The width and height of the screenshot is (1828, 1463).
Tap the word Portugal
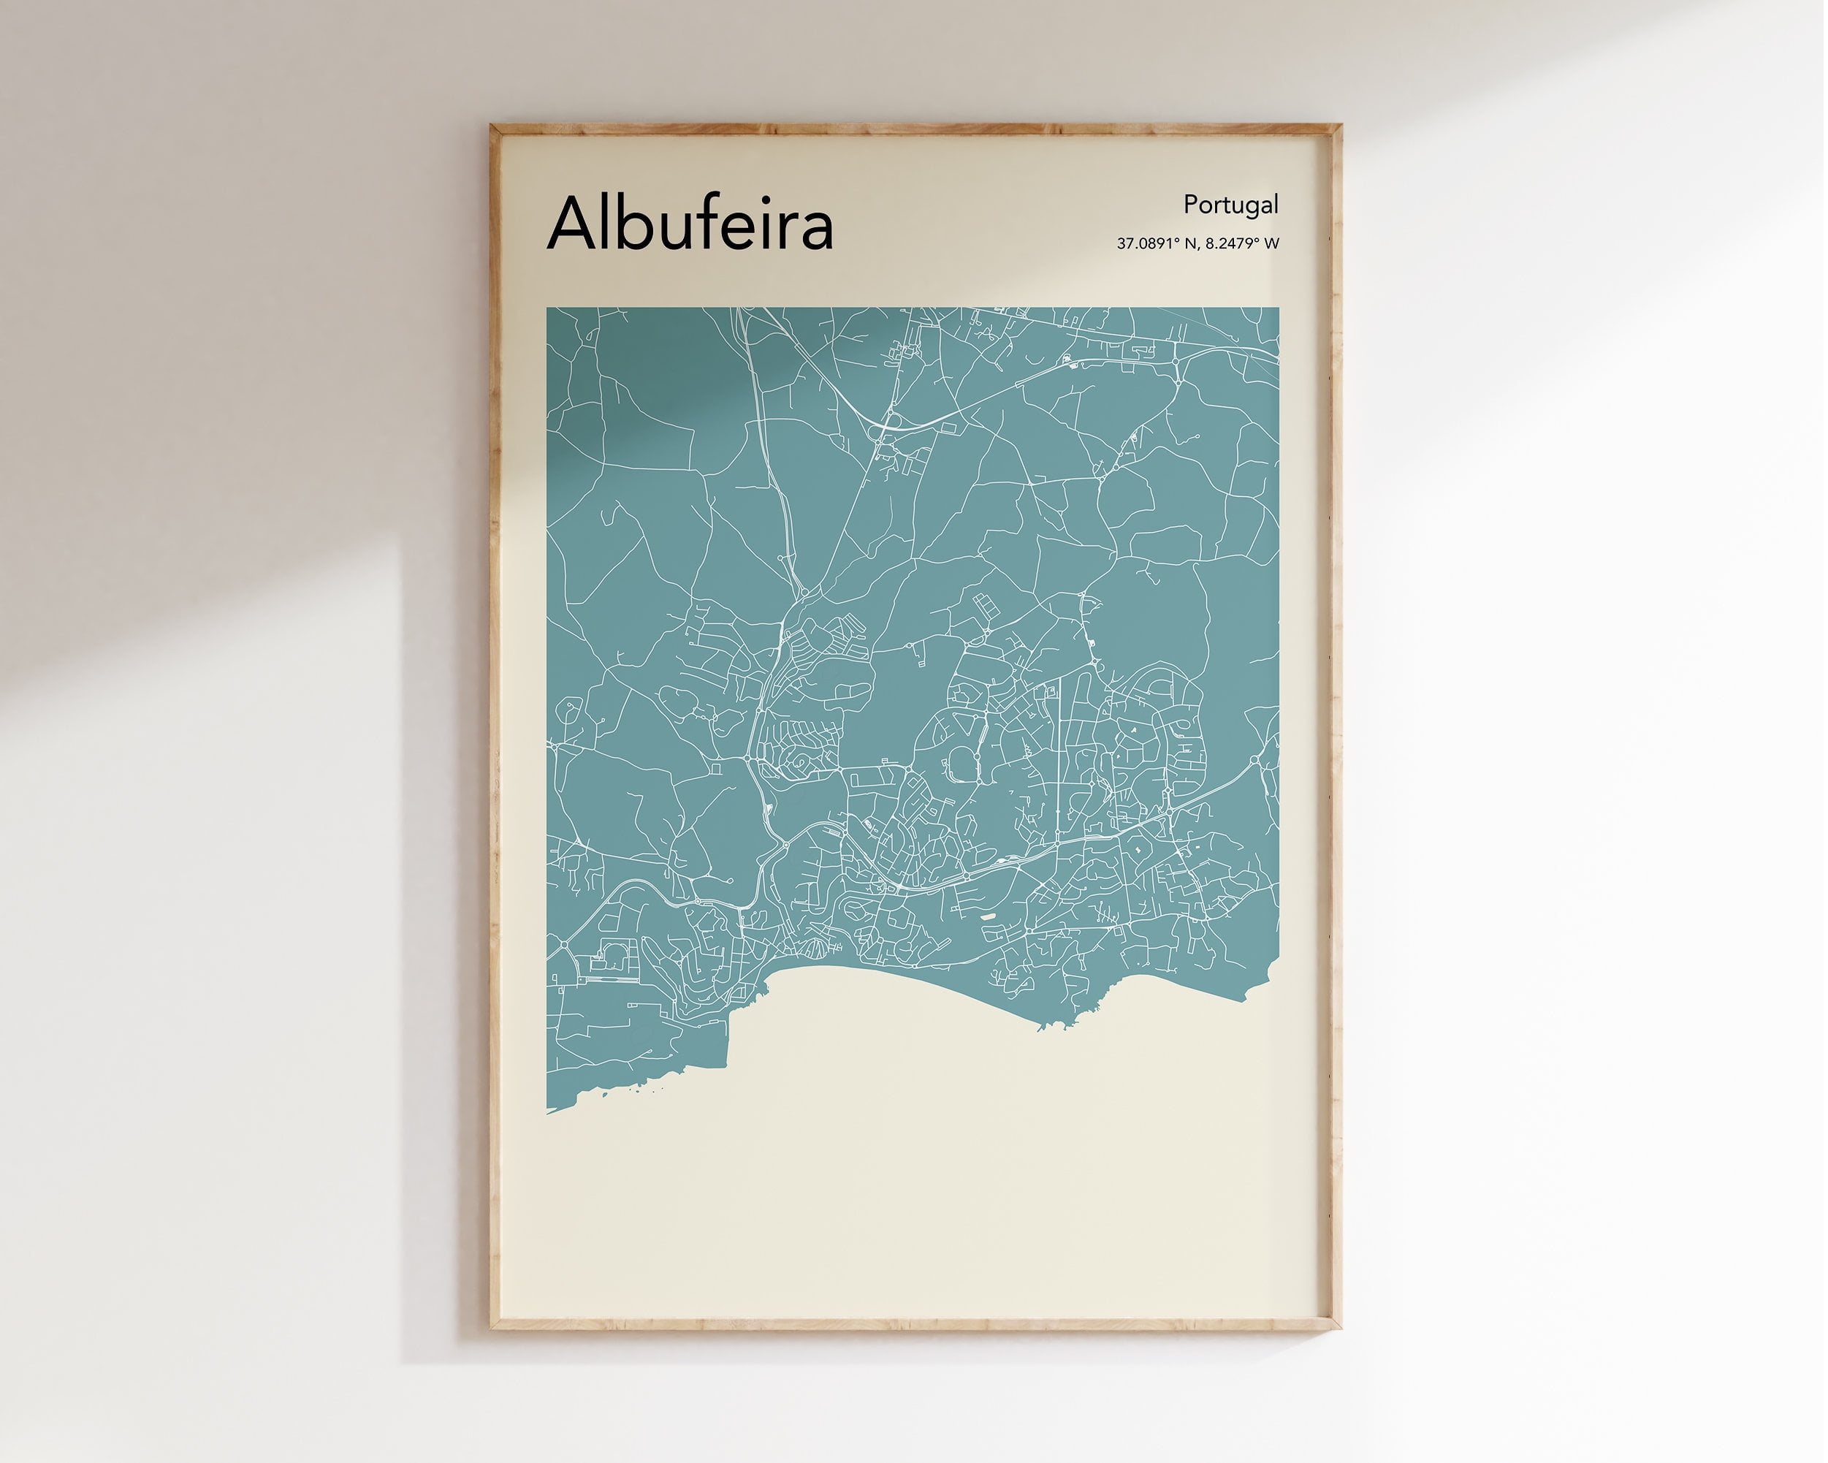click(1230, 205)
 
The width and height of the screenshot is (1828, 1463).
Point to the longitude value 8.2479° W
click(1242, 243)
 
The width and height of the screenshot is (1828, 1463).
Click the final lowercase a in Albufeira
click(815, 230)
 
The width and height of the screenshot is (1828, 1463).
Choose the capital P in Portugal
click(1190, 205)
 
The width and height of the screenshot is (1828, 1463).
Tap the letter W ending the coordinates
click(1271, 243)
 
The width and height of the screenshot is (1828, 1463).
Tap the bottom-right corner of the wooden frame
click(1340, 1328)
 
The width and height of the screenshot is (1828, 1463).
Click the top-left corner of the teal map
click(548, 308)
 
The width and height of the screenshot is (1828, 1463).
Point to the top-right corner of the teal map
click(1279, 308)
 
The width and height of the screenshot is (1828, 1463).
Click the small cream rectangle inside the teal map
click(989, 916)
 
